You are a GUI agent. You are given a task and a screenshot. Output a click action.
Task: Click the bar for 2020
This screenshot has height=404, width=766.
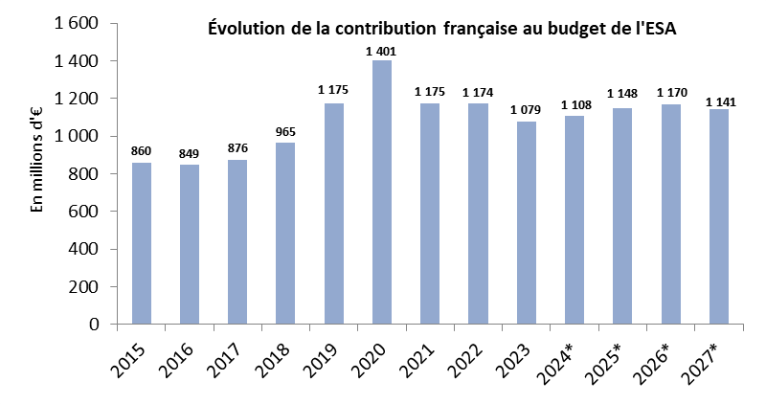(381, 192)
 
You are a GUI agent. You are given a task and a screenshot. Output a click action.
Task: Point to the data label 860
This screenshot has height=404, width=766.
(142, 153)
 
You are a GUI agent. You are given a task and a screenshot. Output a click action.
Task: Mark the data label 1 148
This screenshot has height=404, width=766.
(623, 95)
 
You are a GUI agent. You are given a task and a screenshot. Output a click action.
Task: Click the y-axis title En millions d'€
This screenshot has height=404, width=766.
(38, 173)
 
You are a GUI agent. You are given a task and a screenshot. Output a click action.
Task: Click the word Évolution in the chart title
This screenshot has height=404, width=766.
(245, 29)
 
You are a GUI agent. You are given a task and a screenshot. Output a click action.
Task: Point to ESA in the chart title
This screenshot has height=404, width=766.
(660, 29)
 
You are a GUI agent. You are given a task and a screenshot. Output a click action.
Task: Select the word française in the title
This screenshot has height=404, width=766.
(484, 29)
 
